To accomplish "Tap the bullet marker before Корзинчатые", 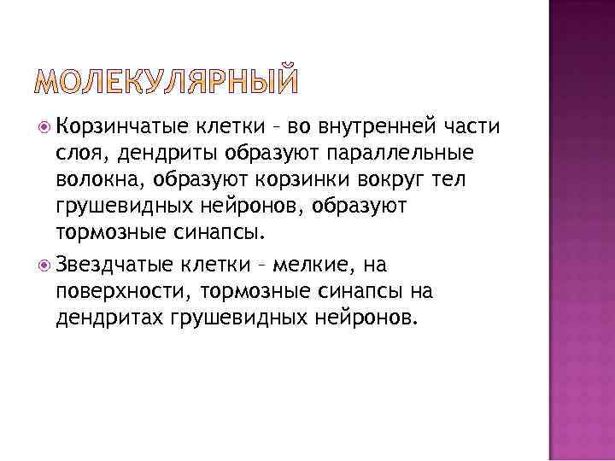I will tap(45, 128).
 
